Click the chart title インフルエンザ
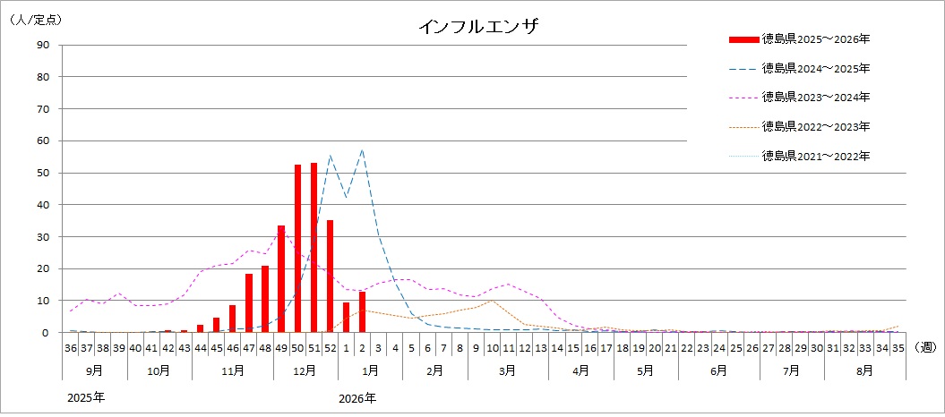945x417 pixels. click(477, 26)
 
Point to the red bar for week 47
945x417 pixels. click(249, 303)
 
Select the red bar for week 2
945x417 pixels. click(363, 312)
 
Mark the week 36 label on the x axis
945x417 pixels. click(71, 347)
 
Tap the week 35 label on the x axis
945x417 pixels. click(898, 347)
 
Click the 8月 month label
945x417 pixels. click(866, 369)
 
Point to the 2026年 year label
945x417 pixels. click(357, 397)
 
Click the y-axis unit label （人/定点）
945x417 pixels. click(36, 18)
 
